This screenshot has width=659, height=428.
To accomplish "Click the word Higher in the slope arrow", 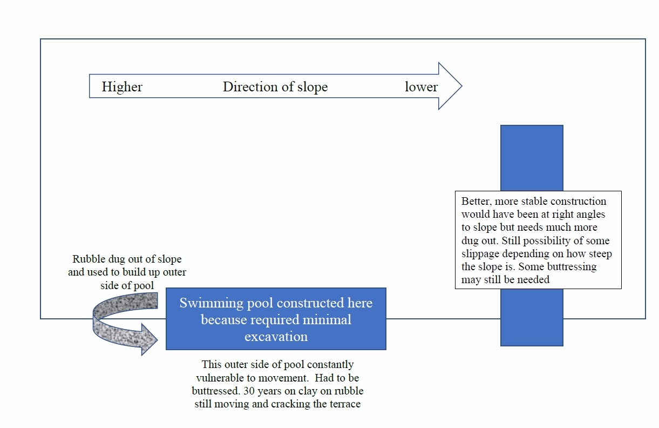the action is pyautogui.click(x=122, y=86).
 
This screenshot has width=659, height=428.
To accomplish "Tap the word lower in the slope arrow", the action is pyautogui.click(x=422, y=86).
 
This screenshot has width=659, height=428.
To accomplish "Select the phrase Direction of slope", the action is pyautogui.click(x=275, y=87).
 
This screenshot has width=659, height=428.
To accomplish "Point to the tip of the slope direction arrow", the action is pyautogui.click(x=462, y=86).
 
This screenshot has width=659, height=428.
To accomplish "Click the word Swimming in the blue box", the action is pyautogui.click(x=211, y=303).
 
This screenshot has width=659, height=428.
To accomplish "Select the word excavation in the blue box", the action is pyautogui.click(x=276, y=336).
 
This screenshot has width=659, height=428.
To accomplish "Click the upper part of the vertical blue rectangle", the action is pyautogui.click(x=532, y=158).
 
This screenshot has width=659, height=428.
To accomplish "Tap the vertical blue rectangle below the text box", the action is pyautogui.click(x=532, y=317).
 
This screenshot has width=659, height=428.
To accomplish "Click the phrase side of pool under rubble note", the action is pyautogui.click(x=127, y=285).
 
